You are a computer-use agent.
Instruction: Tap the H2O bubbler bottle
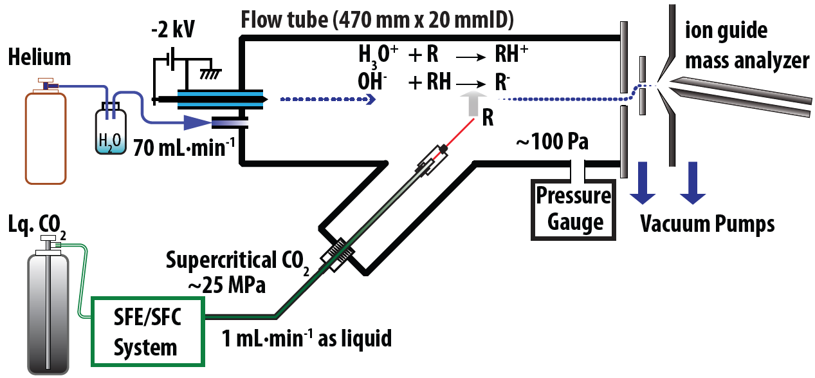pyautogui.click(x=111, y=133)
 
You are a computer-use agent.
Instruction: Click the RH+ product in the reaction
pyautogui.click(x=512, y=55)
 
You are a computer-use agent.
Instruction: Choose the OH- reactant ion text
pyautogui.click(x=376, y=81)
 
